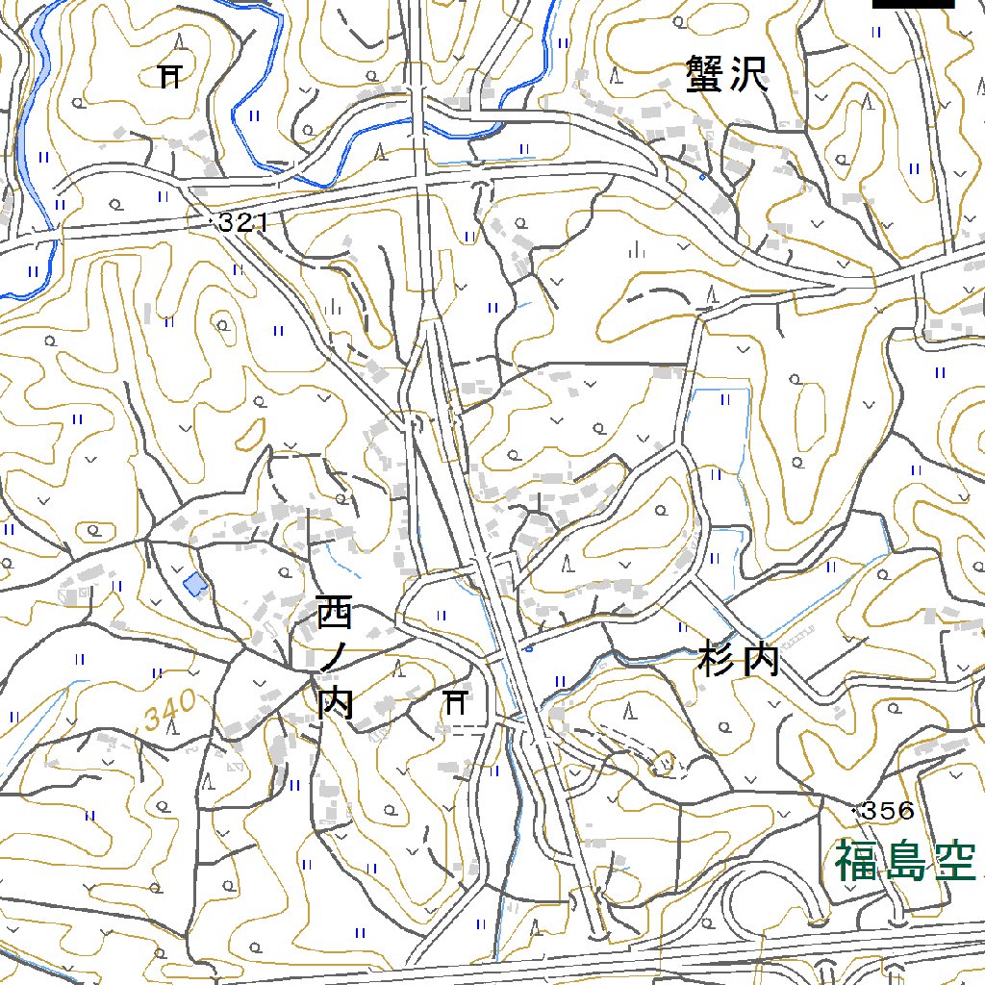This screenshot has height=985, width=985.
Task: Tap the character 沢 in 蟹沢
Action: pyautogui.click(x=750, y=74)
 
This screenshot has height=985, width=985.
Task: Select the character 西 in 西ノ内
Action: pyautogui.click(x=336, y=612)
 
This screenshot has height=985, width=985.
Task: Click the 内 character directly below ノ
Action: pyautogui.click(x=336, y=703)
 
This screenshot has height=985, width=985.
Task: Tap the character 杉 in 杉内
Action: pyautogui.click(x=718, y=662)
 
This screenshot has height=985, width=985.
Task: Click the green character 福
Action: pyautogui.click(x=855, y=861)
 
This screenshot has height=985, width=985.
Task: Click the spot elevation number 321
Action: pyautogui.click(x=240, y=224)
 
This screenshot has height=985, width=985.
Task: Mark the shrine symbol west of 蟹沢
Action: pyautogui.click(x=170, y=74)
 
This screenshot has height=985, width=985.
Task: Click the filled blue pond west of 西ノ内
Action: pyautogui.click(x=195, y=583)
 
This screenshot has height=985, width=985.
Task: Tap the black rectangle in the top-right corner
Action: pyautogui.click(x=913, y=4)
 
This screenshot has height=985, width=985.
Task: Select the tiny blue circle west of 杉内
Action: pyautogui.click(x=530, y=648)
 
